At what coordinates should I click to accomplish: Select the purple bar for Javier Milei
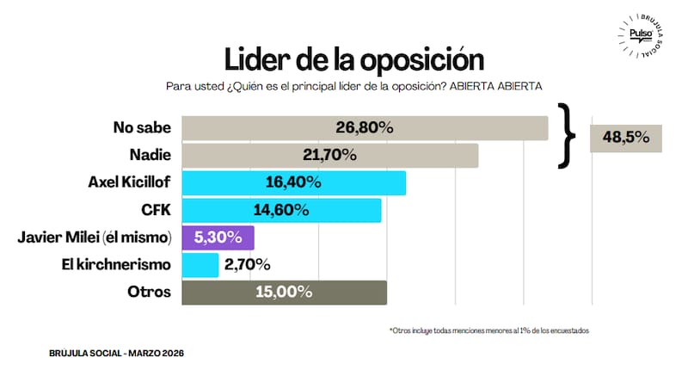218,237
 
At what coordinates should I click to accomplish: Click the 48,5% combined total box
626,138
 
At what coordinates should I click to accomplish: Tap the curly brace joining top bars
566,135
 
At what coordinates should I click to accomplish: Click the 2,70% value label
248,265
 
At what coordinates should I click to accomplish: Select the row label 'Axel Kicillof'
130,182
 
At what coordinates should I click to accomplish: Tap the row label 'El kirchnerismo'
118,265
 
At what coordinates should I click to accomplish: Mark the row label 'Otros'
150,293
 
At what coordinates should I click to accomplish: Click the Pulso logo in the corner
639,35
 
